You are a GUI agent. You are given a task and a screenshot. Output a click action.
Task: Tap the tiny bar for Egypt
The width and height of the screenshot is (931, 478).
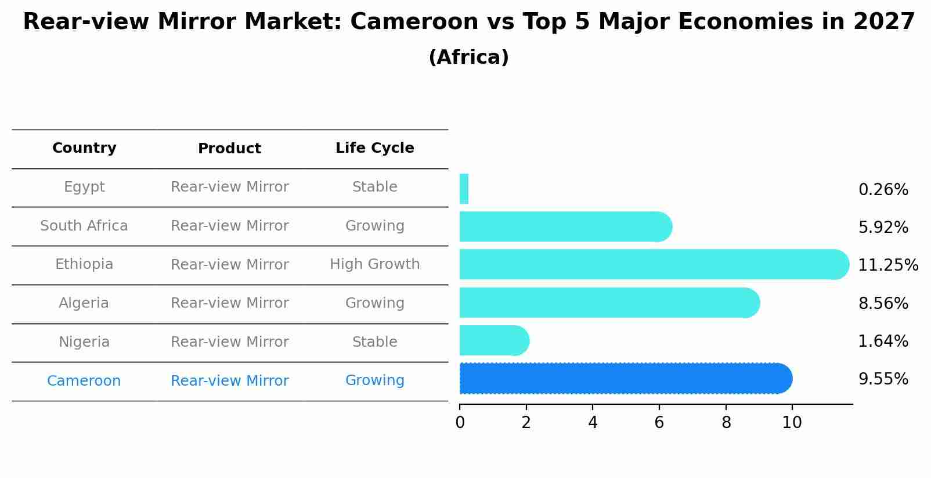pos(464,189)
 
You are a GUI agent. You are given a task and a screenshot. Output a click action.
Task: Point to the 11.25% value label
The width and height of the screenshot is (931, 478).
pos(887,265)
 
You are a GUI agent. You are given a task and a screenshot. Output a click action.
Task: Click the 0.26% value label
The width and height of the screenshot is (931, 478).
pos(883,190)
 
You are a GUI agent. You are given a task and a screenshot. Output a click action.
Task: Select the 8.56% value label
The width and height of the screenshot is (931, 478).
pos(883,304)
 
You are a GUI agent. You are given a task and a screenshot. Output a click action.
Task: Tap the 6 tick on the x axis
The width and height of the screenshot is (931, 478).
pos(659,423)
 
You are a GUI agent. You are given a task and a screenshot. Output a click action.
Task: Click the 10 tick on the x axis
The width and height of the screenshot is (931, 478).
pos(792,423)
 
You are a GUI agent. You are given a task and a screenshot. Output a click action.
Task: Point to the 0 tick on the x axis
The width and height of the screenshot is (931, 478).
pos(460,423)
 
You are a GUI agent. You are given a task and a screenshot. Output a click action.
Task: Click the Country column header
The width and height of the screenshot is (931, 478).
pos(84,148)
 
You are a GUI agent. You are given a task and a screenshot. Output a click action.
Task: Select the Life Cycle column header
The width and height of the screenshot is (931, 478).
pos(374,148)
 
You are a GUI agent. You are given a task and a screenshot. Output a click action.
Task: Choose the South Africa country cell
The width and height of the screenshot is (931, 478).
pos(84,226)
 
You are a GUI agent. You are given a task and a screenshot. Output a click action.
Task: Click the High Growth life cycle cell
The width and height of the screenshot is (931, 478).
pos(374,264)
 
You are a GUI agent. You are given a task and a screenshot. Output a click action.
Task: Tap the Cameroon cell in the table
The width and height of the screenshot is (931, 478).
pos(84,381)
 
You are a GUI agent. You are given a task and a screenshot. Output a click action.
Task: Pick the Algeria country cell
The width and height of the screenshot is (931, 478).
pos(84,303)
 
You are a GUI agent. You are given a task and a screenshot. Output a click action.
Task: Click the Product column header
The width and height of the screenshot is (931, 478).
pos(229,149)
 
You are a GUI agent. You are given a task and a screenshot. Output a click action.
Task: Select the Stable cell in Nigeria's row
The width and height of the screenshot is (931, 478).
pos(374,342)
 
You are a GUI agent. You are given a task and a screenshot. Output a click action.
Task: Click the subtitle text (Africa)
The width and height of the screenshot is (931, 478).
pos(468,57)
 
